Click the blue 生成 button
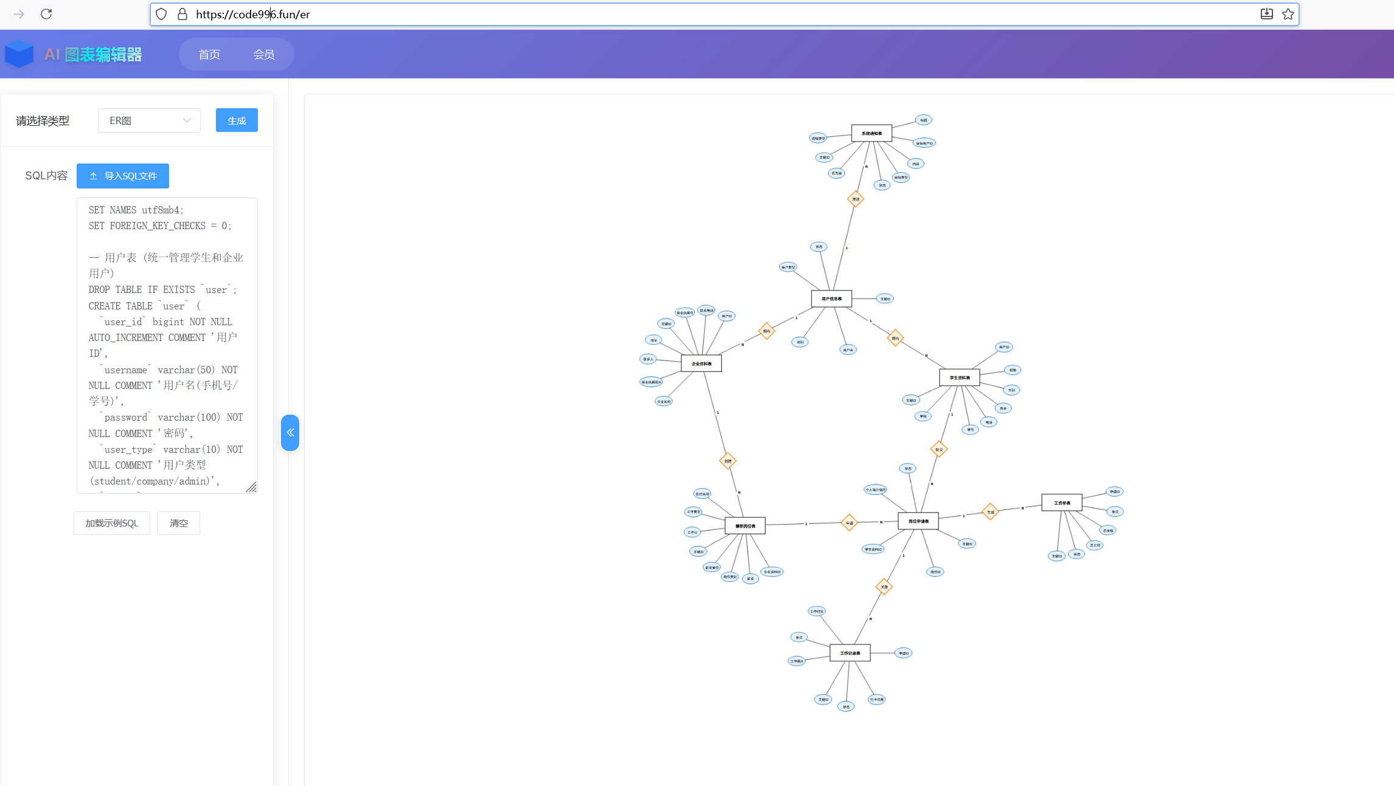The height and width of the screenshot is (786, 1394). coord(237,120)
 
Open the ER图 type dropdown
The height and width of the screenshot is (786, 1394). coord(149,120)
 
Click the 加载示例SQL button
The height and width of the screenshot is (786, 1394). coord(112,523)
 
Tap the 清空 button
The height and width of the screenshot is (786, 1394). coord(179,523)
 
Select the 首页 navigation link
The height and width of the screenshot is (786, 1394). coord(209,55)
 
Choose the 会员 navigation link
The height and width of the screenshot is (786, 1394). coord(263,55)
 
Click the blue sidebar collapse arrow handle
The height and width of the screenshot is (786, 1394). coord(290,432)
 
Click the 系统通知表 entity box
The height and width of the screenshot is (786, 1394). coord(872,133)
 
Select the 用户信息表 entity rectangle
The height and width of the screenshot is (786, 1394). coord(831,298)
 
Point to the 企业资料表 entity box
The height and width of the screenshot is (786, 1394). coord(701,364)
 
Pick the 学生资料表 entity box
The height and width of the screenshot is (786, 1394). coord(960,377)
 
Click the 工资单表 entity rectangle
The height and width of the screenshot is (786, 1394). coord(1062,503)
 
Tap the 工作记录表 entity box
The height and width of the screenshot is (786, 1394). coord(850,653)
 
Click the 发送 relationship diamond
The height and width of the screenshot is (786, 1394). coord(856,199)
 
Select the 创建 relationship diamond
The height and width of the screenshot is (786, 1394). coord(728,461)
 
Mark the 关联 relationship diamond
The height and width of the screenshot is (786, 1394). coord(884,587)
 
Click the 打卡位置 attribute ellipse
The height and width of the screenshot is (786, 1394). coord(876,699)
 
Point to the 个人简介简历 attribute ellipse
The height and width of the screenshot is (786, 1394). coord(875,489)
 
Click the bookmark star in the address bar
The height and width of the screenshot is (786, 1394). coord(1288,14)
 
